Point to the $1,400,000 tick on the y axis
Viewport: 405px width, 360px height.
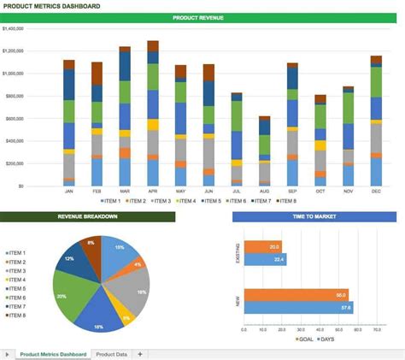coord(14,28)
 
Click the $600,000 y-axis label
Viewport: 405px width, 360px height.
coord(15,118)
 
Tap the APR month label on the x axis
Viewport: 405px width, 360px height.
coord(153,192)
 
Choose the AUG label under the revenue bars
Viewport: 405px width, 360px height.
coord(264,192)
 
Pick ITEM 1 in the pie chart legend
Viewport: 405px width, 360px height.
coord(16,254)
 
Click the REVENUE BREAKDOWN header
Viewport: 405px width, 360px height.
coord(88,217)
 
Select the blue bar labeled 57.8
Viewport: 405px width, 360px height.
coord(298,307)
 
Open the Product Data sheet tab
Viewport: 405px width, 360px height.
coord(111,353)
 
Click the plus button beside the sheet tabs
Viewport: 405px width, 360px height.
coord(139,353)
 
